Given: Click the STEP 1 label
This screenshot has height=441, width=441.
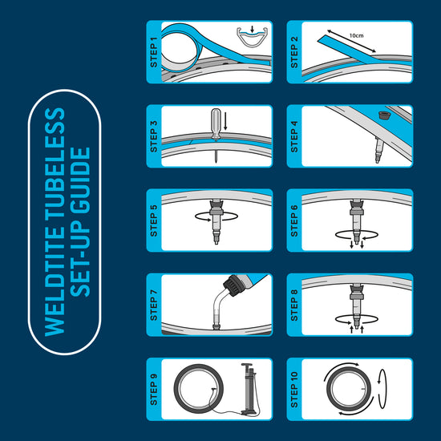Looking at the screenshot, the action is point(154,52).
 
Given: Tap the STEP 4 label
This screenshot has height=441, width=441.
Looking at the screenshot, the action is point(294,136).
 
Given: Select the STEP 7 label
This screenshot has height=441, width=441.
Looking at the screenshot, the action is point(154,305).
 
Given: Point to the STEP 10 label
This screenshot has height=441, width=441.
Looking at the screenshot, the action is point(294,390).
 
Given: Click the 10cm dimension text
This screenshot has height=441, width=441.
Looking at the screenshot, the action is point(356,35).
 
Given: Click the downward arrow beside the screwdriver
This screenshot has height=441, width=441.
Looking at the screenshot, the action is point(225,121).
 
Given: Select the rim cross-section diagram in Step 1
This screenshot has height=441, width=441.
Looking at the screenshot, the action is point(252,37).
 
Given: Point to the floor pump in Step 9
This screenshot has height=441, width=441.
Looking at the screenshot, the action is point(249,389).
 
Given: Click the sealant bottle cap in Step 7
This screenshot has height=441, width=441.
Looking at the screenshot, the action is point(232,285).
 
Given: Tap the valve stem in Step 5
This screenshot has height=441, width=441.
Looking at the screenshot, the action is point(216,222).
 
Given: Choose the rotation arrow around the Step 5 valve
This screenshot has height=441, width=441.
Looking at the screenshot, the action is point(216,216).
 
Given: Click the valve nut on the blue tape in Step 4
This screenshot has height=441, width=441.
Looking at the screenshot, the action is point(382,115).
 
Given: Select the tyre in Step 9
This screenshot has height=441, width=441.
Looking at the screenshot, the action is point(199,389).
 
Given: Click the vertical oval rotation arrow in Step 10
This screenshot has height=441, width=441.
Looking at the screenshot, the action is point(382,389).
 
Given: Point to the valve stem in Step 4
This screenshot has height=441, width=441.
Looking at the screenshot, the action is point(378,150).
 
